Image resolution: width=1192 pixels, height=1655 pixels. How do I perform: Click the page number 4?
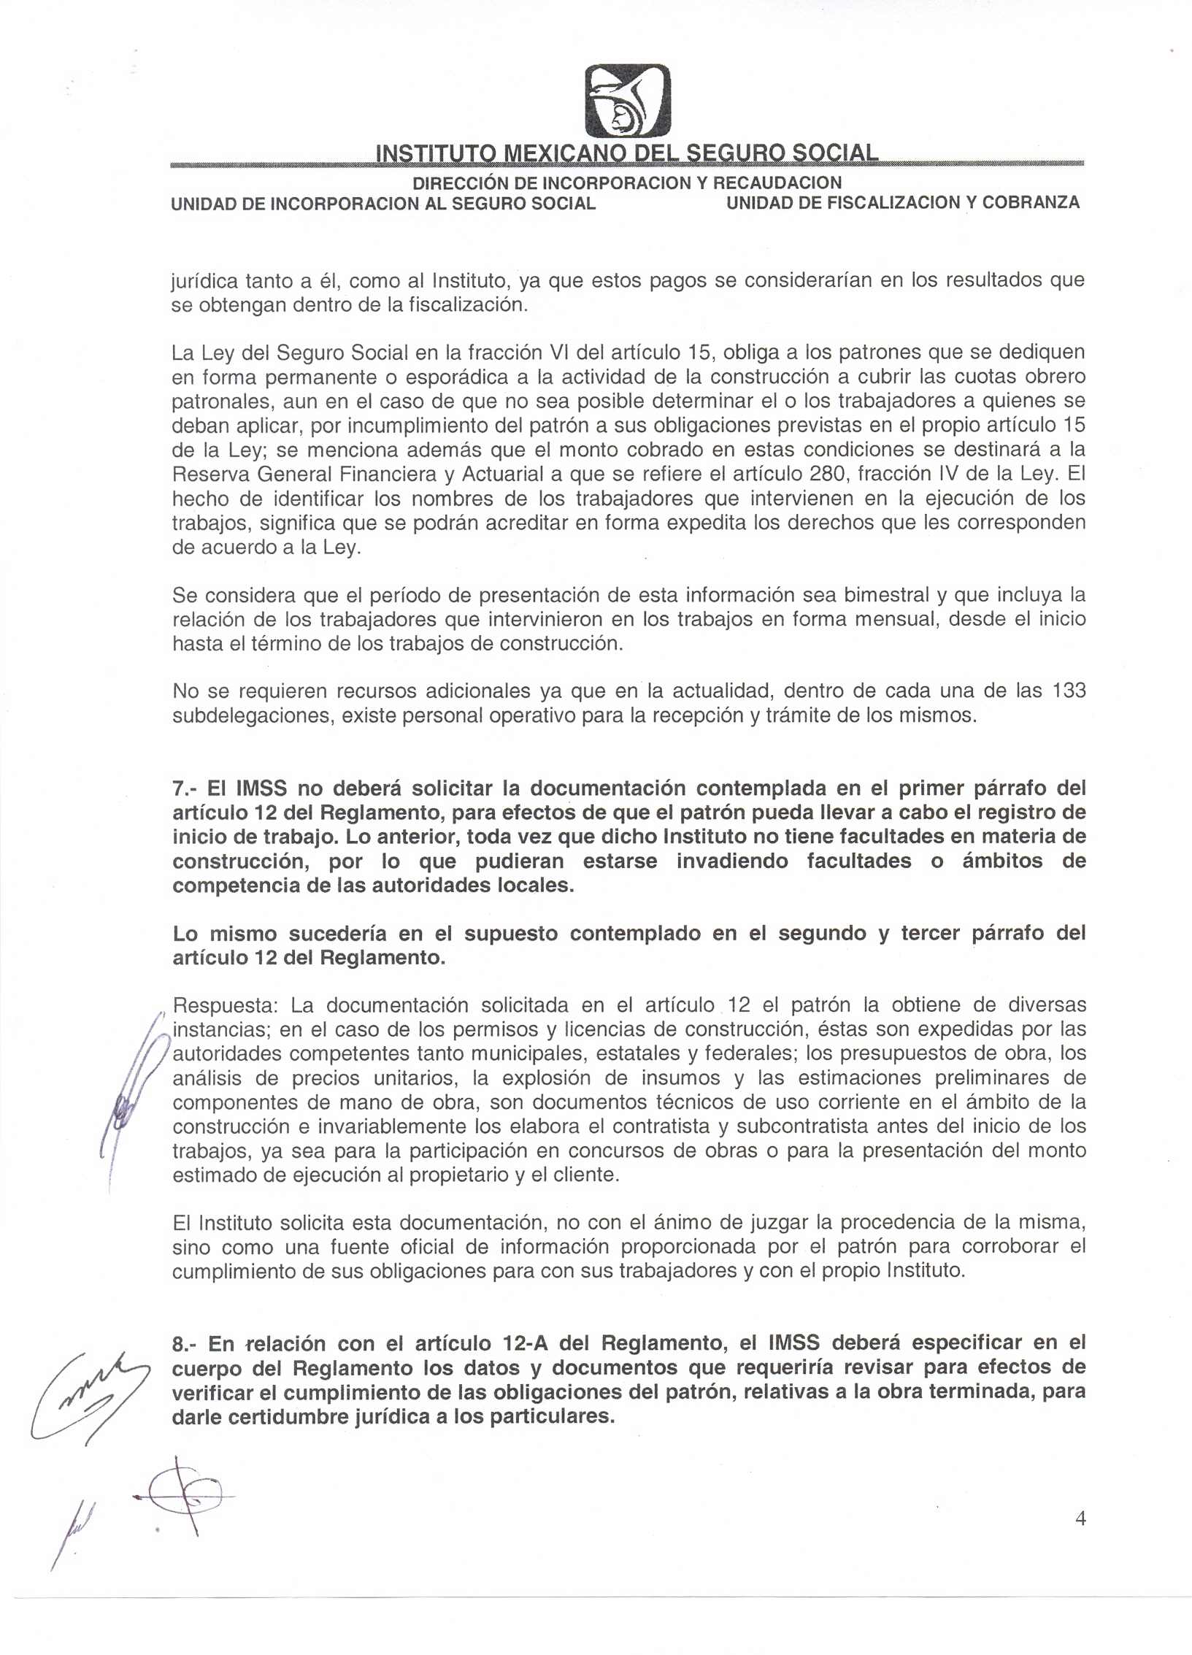point(1081,1518)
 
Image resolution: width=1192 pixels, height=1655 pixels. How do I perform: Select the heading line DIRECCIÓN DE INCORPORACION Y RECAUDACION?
point(627,183)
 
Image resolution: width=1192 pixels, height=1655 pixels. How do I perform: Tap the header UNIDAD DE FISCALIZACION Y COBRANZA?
point(903,203)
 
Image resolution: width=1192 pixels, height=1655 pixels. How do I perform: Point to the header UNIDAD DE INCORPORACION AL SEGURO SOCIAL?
point(382,204)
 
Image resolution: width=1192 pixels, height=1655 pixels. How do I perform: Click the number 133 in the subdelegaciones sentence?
point(1069,691)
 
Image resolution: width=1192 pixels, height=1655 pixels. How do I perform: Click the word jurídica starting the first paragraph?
point(202,280)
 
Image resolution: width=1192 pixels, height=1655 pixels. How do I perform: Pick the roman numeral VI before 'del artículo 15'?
point(559,353)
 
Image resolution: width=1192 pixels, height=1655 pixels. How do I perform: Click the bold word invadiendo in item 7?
point(732,861)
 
